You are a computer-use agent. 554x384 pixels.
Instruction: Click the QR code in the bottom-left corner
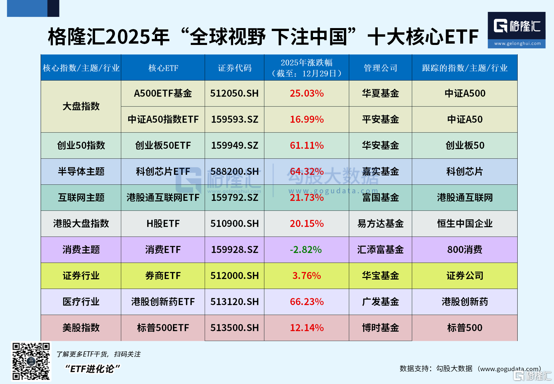(x=31, y=361)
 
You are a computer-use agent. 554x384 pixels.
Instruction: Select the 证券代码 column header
(x=234, y=68)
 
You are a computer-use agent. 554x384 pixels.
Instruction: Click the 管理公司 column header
(x=380, y=68)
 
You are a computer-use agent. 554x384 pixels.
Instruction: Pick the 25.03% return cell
(x=307, y=94)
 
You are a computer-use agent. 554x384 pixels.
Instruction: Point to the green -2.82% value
(x=306, y=250)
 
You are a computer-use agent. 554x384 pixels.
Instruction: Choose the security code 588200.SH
(x=234, y=172)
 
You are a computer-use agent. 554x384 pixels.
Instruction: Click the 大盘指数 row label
(x=81, y=106)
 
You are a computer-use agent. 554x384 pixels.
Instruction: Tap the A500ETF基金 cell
(x=163, y=94)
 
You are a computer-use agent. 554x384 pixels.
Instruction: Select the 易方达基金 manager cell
(x=380, y=224)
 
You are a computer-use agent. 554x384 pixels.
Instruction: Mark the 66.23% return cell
(x=307, y=302)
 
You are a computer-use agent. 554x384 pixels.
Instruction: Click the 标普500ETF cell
(x=163, y=328)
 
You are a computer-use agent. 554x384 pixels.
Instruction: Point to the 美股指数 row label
(x=81, y=328)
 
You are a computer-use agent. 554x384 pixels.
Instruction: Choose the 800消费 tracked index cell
(x=465, y=250)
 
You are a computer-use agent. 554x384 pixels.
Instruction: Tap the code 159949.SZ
(x=234, y=145)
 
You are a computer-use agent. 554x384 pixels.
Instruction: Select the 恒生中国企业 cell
(x=465, y=224)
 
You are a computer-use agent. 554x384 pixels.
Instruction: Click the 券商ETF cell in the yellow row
(x=163, y=276)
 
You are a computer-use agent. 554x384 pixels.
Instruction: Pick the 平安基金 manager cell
(x=380, y=119)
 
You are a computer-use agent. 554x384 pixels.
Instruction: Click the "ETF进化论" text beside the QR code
(x=92, y=369)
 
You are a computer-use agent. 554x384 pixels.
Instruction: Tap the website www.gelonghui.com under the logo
(x=517, y=44)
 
